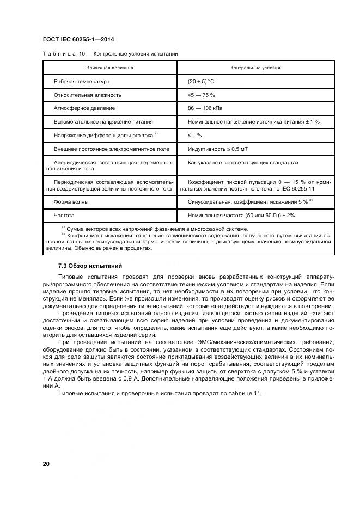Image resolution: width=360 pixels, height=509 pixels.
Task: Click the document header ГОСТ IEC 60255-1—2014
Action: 78,40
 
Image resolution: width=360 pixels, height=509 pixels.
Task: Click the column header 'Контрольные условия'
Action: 255,68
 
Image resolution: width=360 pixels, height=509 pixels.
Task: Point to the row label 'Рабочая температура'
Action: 82,82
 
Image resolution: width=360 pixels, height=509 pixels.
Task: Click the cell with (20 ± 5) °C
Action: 202,82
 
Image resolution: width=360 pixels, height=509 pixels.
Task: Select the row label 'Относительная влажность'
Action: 87,95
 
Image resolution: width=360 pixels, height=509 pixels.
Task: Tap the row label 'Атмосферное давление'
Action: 84,108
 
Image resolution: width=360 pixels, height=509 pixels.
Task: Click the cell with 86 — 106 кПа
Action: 205,108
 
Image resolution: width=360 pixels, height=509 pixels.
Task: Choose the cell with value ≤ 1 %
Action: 195,135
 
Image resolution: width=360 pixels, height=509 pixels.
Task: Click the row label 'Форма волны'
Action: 71,202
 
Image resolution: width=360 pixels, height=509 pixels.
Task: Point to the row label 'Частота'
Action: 64,216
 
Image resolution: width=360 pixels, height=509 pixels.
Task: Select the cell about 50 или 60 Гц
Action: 241,216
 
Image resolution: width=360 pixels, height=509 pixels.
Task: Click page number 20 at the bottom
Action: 46,464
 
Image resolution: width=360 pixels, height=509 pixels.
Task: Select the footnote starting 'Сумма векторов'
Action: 157,229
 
